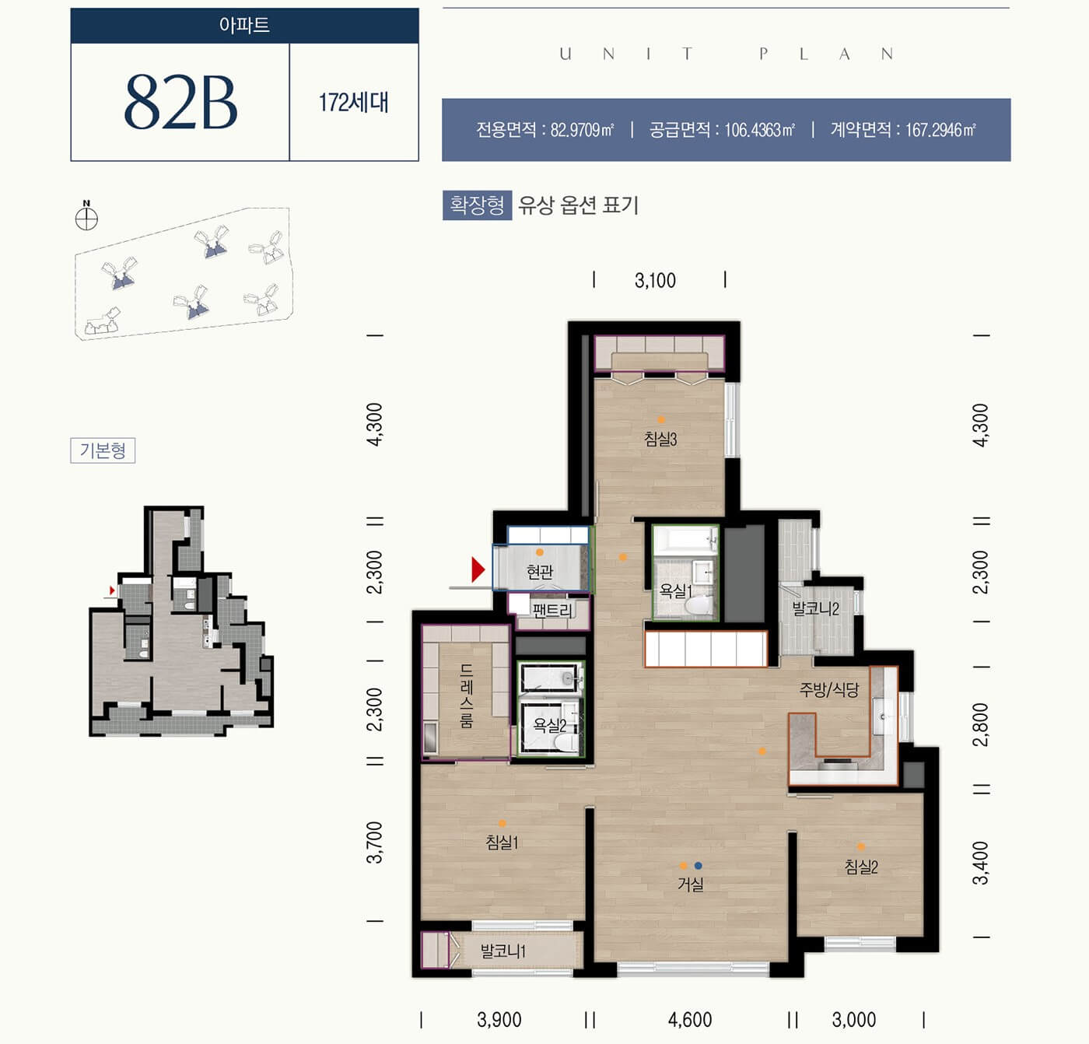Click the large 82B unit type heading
coord(180,102)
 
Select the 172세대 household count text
coord(353,103)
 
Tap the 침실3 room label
coord(660,438)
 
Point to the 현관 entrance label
coord(540,572)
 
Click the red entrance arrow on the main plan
coord(478,570)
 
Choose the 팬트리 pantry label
coord(552,610)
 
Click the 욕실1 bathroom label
coord(675,590)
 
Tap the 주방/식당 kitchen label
coord(828,690)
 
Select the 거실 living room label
coord(691,884)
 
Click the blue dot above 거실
coord(698,865)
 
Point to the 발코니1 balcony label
coord(503,951)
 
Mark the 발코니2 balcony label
coord(815,608)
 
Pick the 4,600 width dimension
coord(690,1019)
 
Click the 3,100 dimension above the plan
coord(655,280)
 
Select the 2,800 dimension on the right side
coord(981,725)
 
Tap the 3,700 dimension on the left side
coord(374,843)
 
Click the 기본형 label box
coord(103,450)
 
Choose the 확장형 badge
coord(478,205)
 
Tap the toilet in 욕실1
coord(698,605)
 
